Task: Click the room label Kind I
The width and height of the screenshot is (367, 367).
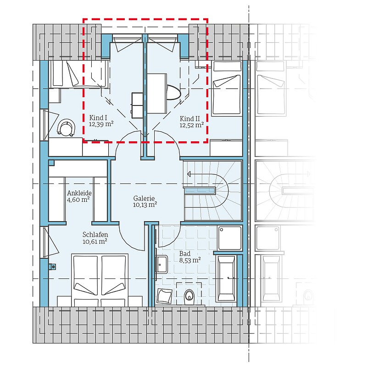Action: pyautogui.click(x=98, y=117)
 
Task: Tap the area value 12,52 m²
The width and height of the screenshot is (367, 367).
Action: pyautogui.click(x=191, y=125)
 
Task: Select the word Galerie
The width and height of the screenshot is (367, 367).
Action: pyautogui.click(x=144, y=199)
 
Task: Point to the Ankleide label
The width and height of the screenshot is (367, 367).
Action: pyautogui.click(x=79, y=193)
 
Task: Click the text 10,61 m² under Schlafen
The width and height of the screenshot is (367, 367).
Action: pyautogui.click(x=95, y=241)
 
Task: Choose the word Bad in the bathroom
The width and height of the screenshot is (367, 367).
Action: pyautogui.click(x=185, y=254)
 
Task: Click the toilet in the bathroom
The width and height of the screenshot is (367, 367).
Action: pyautogui.click(x=189, y=297)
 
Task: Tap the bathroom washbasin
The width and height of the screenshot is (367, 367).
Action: pyautogui.click(x=161, y=265)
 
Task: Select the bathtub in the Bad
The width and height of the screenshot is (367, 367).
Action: pyautogui.click(x=226, y=278)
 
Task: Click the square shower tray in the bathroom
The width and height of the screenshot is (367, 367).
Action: pyautogui.click(x=230, y=238)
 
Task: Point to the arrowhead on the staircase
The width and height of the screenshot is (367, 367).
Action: pyautogui.click(x=189, y=174)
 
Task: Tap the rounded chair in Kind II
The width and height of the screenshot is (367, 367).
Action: pyautogui.click(x=173, y=92)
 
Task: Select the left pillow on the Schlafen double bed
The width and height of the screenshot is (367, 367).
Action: pyautogui.click(x=85, y=289)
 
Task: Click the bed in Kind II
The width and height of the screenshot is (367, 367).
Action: pyautogui.click(x=227, y=89)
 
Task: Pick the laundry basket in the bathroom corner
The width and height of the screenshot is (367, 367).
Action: pyautogui.click(x=165, y=296)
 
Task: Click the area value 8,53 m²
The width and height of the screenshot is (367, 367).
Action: pyautogui.click(x=190, y=260)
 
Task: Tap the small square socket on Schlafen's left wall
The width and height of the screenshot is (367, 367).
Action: pyautogui.click(x=52, y=267)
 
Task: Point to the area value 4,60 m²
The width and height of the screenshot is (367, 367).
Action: pyautogui.click(x=78, y=200)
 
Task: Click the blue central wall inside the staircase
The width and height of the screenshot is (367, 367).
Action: pyautogui.click(x=200, y=190)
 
